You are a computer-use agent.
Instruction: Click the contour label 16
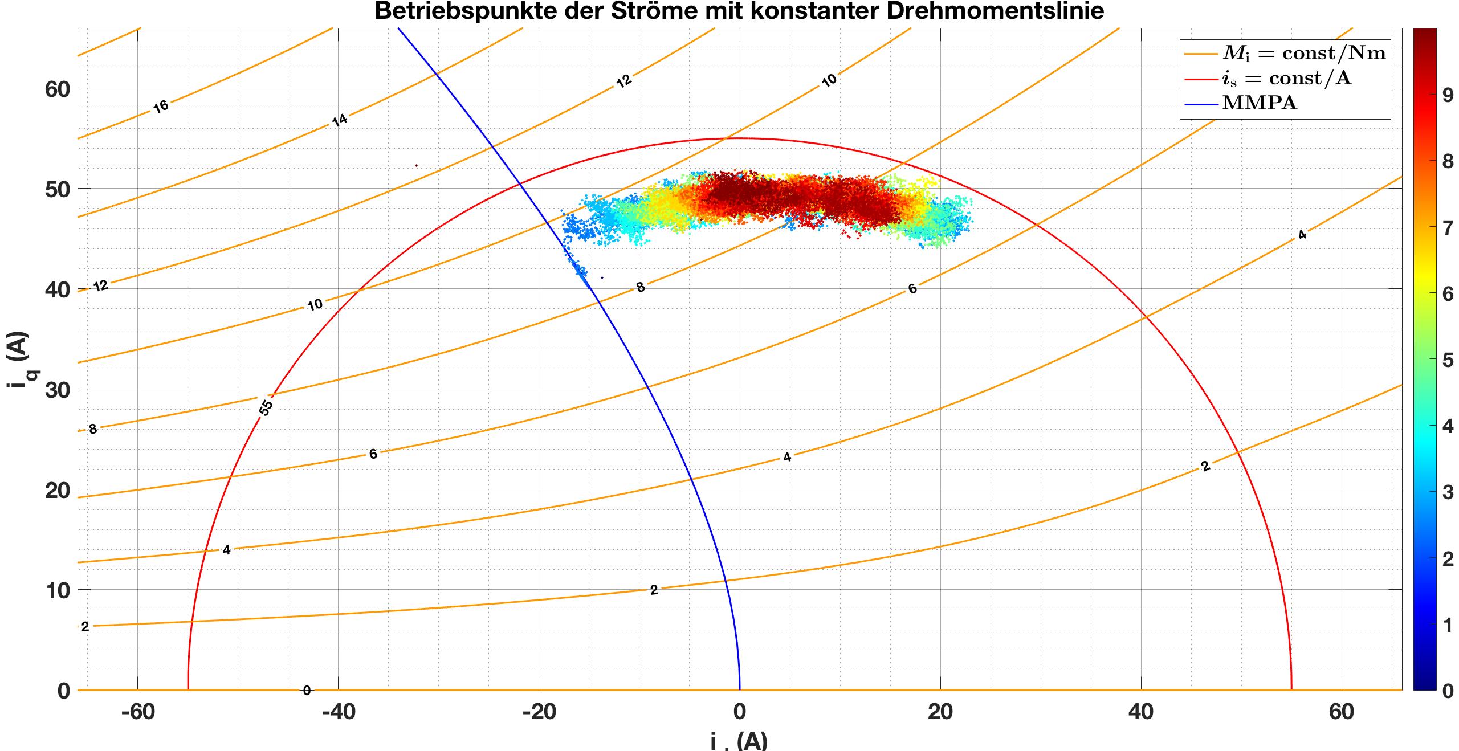coord(161,106)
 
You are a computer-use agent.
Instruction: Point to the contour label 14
coord(340,120)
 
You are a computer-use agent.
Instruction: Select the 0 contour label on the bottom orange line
coord(307,691)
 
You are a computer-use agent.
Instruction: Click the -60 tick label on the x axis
coord(139,712)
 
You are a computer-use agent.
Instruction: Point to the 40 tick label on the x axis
coord(1141,712)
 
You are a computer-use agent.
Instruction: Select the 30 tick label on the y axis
coord(57,390)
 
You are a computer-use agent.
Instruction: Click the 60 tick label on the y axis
coord(57,89)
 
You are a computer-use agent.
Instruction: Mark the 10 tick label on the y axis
coord(57,590)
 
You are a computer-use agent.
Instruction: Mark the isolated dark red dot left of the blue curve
coord(417,166)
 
